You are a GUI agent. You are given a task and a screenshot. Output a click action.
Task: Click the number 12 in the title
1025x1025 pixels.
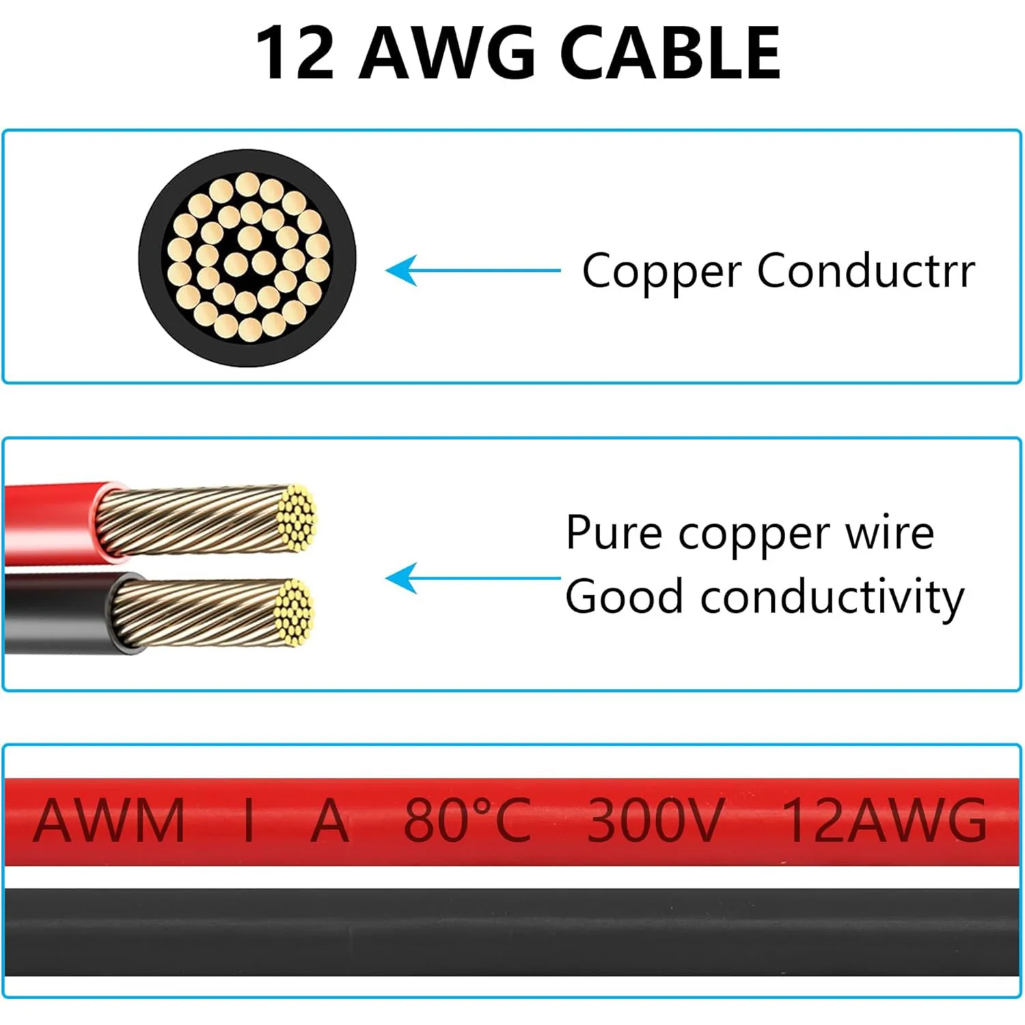point(295,53)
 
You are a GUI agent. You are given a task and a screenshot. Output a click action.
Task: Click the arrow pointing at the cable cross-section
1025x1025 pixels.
point(471,271)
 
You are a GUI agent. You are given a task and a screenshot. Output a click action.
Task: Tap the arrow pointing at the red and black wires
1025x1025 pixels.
point(471,578)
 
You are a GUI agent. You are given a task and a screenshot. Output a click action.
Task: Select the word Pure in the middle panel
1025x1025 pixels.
point(614,533)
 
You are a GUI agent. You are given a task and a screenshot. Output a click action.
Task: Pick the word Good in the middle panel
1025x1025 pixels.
point(624,596)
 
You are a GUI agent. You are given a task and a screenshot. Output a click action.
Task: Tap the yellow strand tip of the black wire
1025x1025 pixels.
point(295,612)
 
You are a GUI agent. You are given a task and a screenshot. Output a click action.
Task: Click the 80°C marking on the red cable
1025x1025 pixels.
point(467,820)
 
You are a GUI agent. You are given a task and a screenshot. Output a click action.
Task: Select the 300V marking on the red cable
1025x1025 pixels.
point(655,820)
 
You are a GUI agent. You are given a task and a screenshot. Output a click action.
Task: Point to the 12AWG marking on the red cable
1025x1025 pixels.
point(884,820)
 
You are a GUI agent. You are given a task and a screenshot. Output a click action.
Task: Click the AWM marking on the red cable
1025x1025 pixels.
point(109,820)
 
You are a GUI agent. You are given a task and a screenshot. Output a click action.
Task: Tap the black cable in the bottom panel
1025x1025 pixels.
point(512,931)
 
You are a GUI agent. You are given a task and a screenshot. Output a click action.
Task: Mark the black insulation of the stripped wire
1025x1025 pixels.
point(55,613)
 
